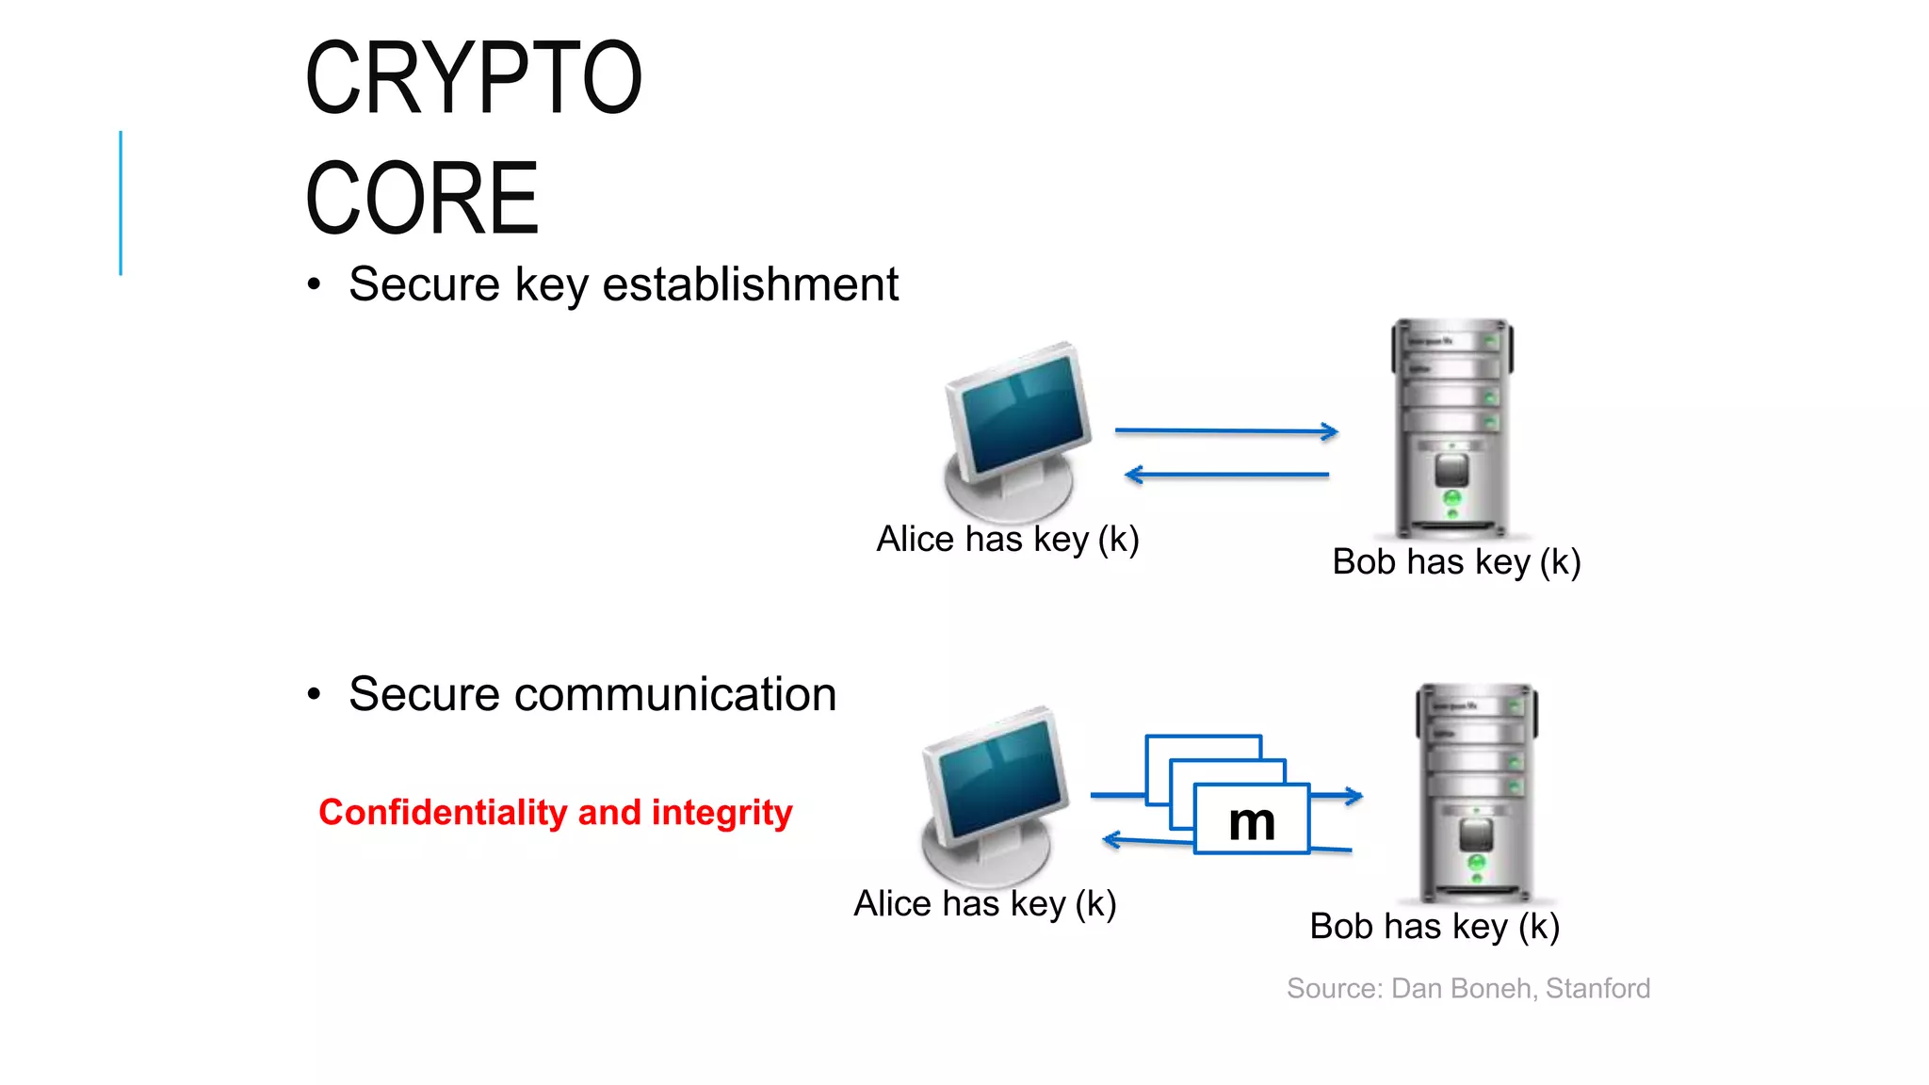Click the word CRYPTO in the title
[473, 78]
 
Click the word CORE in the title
[421, 199]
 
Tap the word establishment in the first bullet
[750, 284]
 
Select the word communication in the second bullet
[674, 695]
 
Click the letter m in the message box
[1251, 821]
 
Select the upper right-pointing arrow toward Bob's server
[1224, 430]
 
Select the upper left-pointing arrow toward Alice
[1224, 475]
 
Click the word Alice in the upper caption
[915, 540]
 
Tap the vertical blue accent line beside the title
[121, 202]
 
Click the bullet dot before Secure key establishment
[314, 284]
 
